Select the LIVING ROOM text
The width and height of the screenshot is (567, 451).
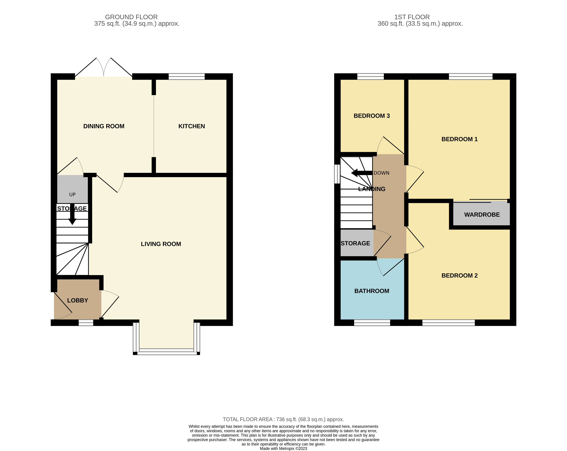(x=161, y=244)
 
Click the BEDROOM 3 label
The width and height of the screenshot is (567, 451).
(x=371, y=116)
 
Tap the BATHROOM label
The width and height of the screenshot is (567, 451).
(x=371, y=291)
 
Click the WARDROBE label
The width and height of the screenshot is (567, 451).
(x=482, y=214)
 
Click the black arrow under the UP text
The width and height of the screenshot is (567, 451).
(x=72, y=214)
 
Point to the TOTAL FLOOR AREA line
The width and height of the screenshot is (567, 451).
(x=283, y=419)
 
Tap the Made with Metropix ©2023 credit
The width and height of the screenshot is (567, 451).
(x=283, y=448)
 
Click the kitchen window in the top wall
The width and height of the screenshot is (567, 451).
(x=186, y=76)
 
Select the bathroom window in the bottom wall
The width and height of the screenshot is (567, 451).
(x=372, y=323)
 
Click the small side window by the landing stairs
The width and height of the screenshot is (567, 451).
(x=337, y=174)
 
